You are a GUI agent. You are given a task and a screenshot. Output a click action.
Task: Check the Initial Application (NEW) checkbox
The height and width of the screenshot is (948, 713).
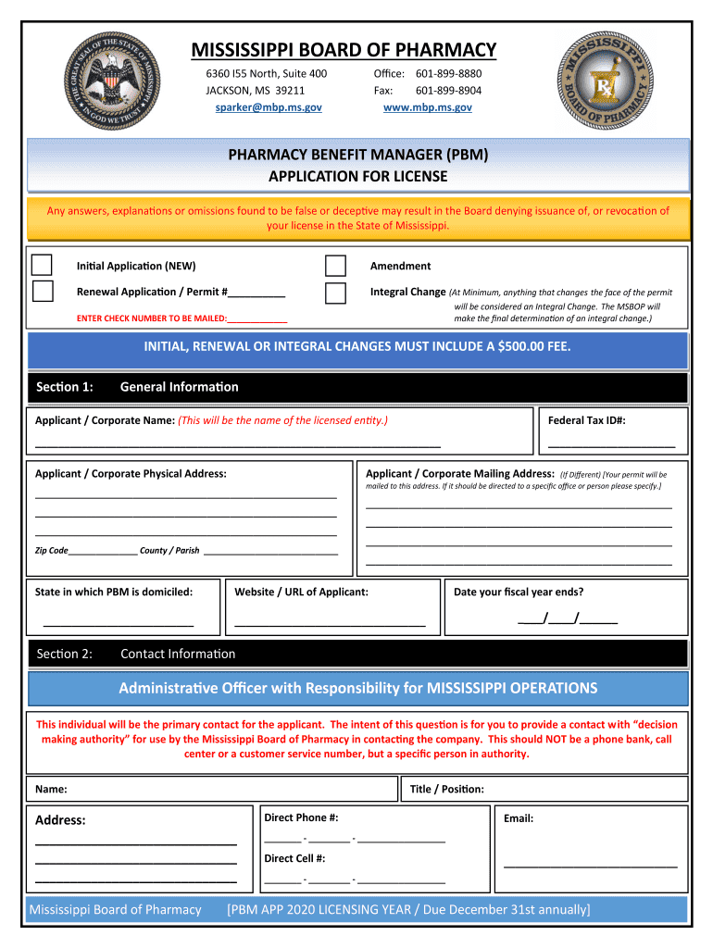coord(43,265)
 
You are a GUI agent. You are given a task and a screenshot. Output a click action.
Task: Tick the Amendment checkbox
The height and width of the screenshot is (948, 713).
coord(335,266)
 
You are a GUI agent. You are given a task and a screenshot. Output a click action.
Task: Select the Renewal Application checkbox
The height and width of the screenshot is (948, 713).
coord(43,292)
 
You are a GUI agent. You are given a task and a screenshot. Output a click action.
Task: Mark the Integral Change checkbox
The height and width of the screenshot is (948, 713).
coord(335,293)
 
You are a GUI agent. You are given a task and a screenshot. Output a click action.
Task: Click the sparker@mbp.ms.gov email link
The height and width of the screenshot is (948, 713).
coord(263,107)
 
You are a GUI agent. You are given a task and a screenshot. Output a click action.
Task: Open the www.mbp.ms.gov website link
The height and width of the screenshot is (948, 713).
coord(427,107)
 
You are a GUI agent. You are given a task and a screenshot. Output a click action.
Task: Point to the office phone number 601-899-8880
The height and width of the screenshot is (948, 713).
coord(448,74)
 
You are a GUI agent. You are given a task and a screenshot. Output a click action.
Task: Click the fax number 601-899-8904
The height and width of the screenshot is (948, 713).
coord(448,91)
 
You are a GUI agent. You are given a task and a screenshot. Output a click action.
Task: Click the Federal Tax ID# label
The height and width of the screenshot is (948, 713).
coord(587,420)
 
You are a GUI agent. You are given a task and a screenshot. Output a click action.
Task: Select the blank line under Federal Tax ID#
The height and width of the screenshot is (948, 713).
coord(611,446)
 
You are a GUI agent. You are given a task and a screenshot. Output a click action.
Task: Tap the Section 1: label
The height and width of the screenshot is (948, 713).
coord(64,387)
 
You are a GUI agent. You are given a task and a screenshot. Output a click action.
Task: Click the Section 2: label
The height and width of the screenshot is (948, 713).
coord(64,654)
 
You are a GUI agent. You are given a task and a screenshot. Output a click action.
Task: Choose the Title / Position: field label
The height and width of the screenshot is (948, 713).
coord(446,789)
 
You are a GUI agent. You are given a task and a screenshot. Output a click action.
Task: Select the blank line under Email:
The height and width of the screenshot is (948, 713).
coord(590,866)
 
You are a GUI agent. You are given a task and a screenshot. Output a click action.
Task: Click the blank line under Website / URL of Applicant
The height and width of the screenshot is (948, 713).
coord(330,627)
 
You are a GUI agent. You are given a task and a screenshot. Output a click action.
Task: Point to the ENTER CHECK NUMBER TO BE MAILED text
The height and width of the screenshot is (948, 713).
coord(151,318)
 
